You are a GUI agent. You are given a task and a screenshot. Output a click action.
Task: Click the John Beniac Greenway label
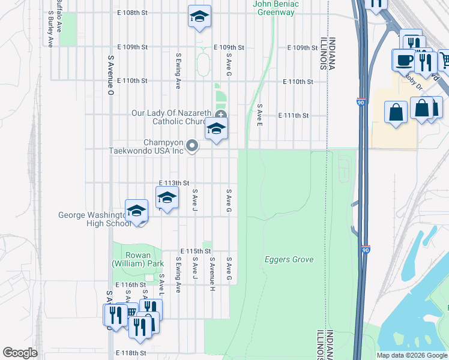tap(276, 8)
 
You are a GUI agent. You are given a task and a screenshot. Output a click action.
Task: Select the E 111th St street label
tap(293, 115)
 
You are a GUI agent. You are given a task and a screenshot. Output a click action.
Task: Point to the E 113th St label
tap(174, 183)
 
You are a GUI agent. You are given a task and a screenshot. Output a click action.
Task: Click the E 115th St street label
tap(196, 251)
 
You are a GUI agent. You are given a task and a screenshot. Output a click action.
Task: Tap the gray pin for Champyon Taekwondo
tap(192, 145)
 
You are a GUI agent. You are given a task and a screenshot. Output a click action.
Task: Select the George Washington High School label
tap(94, 220)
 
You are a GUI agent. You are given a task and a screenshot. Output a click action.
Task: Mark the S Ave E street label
tap(259, 115)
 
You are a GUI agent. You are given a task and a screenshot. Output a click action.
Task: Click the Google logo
tap(20, 353)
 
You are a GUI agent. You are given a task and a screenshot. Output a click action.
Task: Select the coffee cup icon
tap(403, 60)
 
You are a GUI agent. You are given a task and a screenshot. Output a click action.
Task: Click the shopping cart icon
tap(445, 60)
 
